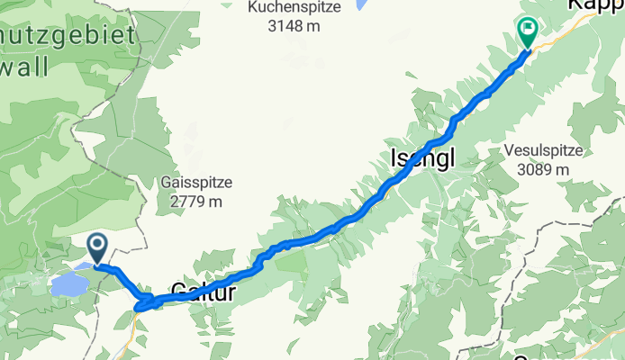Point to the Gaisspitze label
[x=195, y=183]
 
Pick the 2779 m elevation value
[x=195, y=201]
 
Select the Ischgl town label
[x=422, y=158]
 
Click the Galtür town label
[x=203, y=292]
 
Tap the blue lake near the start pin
[x=69, y=285]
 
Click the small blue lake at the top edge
[x=361, y=4]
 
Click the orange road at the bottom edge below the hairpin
[x=133, y=346]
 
